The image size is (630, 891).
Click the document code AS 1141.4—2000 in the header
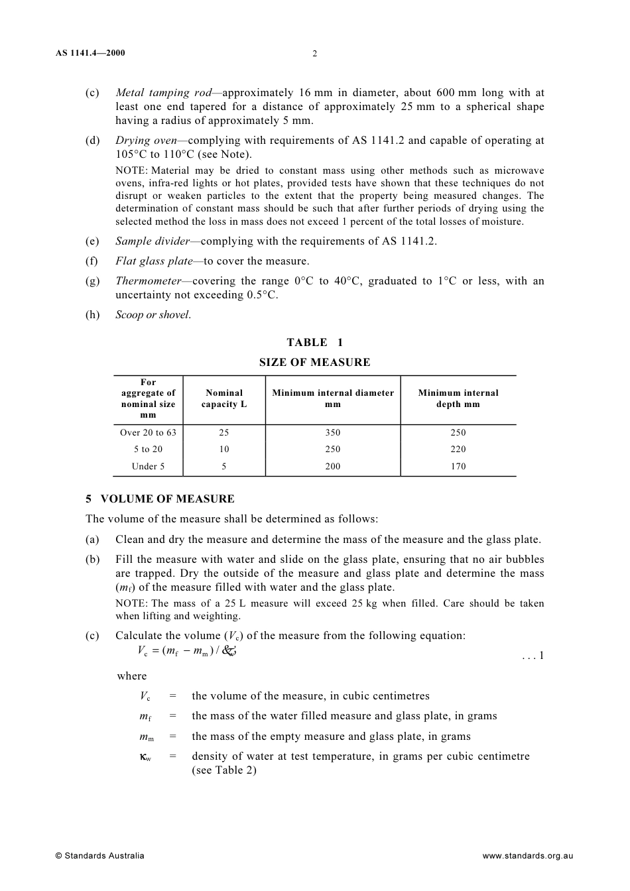point(90,53)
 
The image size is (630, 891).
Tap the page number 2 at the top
point(314,54)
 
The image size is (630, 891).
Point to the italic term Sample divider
point(153,241)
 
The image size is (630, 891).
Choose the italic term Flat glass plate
point(154,261)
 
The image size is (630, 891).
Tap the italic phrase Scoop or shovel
point(153,315)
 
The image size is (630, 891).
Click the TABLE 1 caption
point(314,343)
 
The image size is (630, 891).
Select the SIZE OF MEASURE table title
point(314,363)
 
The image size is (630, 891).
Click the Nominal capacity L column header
point(224,398)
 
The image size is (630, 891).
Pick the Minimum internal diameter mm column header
point(333,398)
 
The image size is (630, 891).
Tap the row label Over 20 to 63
point(148,433)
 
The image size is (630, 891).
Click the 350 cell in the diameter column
point(333,433)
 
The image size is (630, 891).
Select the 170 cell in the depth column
point(458,467)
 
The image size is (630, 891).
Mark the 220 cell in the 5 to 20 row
point(458,449)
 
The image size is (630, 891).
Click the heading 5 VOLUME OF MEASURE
point(160,499)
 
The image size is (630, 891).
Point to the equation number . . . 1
point(533,656)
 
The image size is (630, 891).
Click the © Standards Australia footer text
point(99,856)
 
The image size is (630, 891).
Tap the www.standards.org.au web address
point(527,856)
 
